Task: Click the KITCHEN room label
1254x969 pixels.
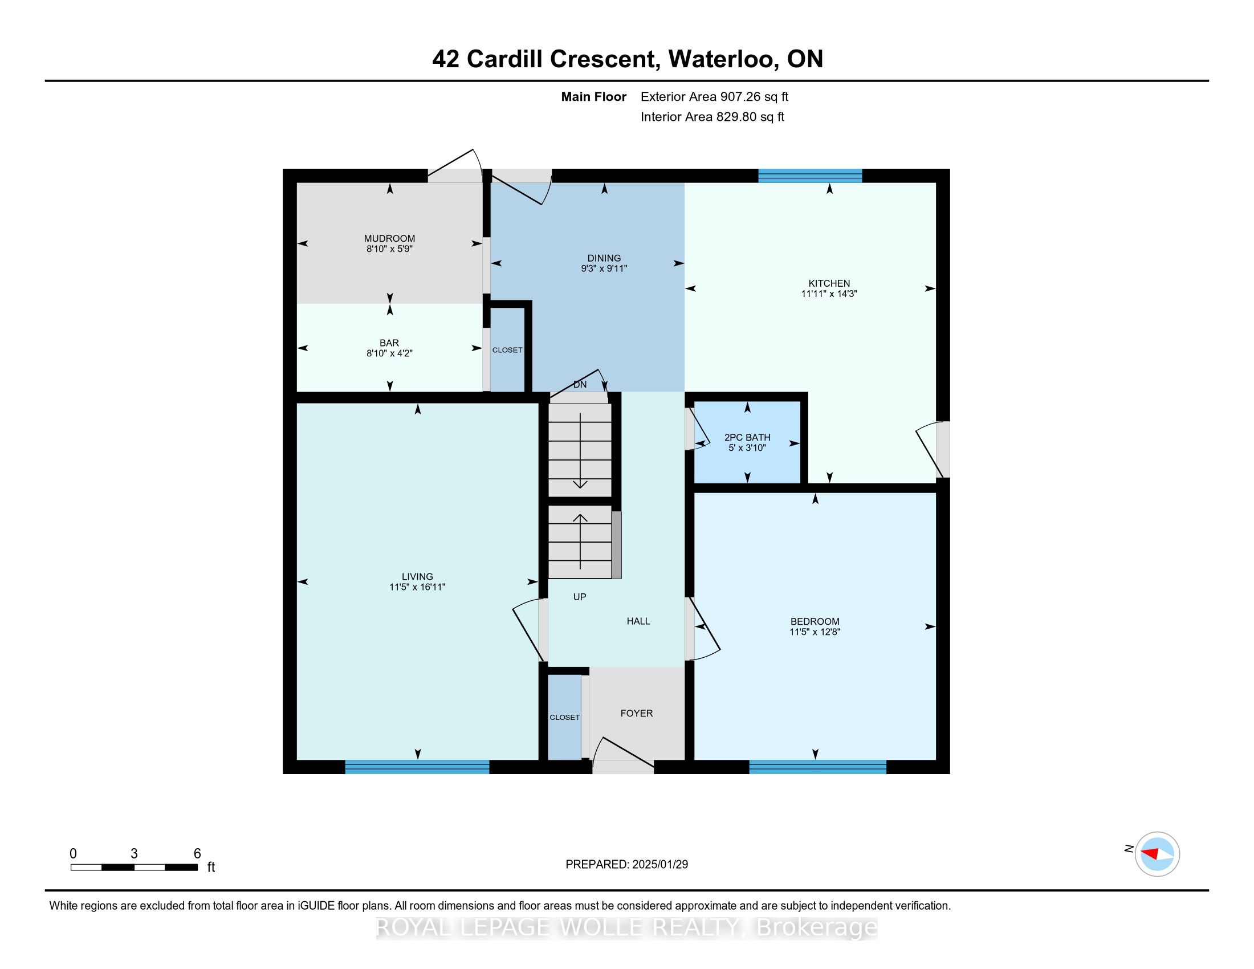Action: coord(829,283)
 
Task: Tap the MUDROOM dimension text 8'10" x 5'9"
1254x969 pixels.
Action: coord(389,249)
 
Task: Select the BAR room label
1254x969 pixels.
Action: coord(389,343)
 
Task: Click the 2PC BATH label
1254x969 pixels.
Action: coord(747,437)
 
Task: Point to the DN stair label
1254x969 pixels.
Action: coord(580,385)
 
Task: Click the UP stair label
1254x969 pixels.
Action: coord(579,597)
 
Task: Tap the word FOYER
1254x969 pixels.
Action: coord(636,713)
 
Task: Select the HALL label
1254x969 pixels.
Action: coord(638,621)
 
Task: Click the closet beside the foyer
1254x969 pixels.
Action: coord(564,717)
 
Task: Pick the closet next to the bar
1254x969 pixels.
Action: coord(507,349)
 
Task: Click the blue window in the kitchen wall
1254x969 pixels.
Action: coord(809,176)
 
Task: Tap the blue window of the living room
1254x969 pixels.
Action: coord(417,767)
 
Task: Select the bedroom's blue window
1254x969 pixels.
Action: coord(817,767)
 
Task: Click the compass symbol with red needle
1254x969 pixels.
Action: coord(1157,854)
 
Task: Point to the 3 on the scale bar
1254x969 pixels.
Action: coord(134,854)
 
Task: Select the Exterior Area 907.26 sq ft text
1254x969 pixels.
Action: coord(714,96)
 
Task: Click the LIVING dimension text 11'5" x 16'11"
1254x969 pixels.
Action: coord(417,587)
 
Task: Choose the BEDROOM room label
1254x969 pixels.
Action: coord(814,621)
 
